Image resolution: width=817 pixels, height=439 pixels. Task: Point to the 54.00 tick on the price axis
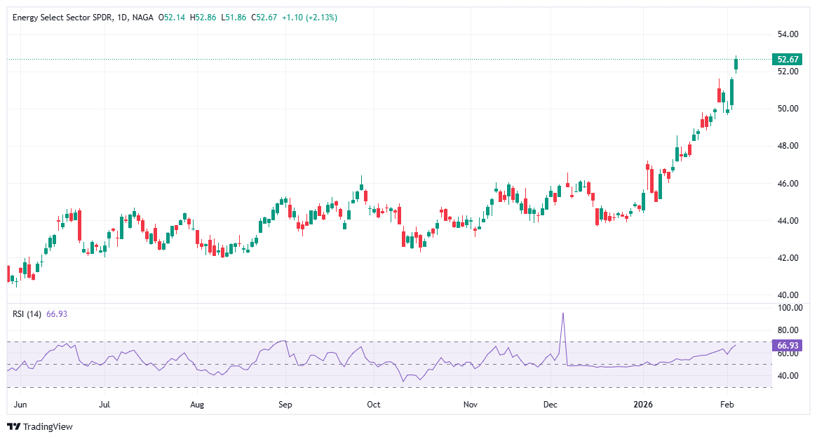pyautogui.click(x=788, y=34)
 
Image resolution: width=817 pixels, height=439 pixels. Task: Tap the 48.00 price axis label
pyautogui.click(x=788, y=146)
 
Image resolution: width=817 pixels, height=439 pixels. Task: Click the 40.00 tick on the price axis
pyautogui.click(x=788, y=295)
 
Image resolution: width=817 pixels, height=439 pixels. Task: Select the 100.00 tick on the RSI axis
pyautogui.click(x=788, y=308)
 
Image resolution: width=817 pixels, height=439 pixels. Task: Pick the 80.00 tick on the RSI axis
pyautogui.click(x=788, y=330)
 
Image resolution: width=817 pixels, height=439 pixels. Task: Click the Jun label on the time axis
pyautogui.click(x=20, y=405)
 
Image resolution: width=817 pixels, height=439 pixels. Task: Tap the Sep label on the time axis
pyautogui.click(x=285, y=405)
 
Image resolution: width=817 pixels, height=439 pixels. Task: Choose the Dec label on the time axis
pyautogui.click(x=551, y=405)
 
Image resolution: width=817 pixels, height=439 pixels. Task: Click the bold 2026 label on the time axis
pyautogui.click(x=643, y=405)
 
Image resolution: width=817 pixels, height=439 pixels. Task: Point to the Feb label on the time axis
pyautogui.click(x=727, y=405)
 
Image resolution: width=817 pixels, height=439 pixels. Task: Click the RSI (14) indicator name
pyautogui.click(x=27, y=314)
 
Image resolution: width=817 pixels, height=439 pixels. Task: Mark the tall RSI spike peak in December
pyautogui.click(x=562, y=313)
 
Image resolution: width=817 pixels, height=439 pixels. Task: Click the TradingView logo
pyautogui.click(x=40, y=426)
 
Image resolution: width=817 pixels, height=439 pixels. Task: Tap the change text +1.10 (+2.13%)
pyautogui.click(x=309, y=17)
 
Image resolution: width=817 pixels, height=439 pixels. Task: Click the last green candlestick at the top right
pyautogui.click(x=736, y=64)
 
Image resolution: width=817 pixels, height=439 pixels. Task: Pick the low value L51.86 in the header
pyautogui.click(x=234, y=17)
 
